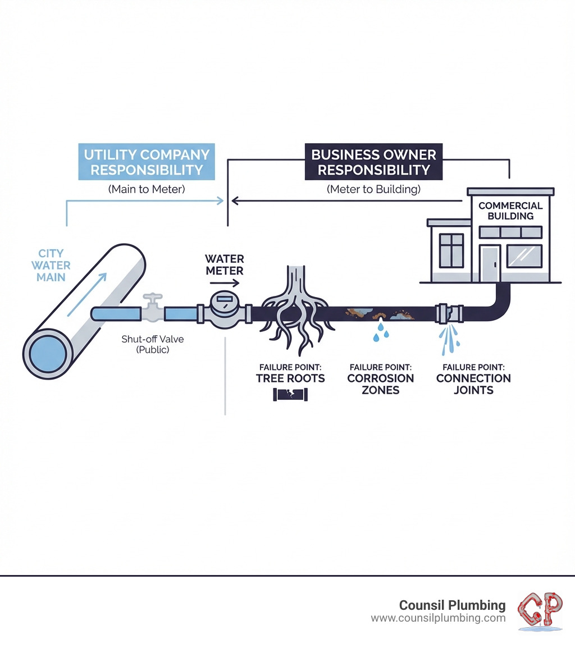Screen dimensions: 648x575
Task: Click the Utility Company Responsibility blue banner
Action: click(146, 162)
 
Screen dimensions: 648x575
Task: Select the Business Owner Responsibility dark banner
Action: click(373, 162)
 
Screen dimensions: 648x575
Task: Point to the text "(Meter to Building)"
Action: click(373, 190)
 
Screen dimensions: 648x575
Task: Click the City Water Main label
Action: click(52, 265)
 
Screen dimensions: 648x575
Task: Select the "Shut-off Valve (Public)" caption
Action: click(145, 345)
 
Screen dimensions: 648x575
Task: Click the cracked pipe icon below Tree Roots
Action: click(290, 395)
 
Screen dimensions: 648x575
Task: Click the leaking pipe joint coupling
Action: click(448, 312)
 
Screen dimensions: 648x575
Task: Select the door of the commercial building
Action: click(490, 264)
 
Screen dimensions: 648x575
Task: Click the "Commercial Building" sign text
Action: click(510, 211)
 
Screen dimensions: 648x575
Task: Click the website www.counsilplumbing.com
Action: click(438, 618)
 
